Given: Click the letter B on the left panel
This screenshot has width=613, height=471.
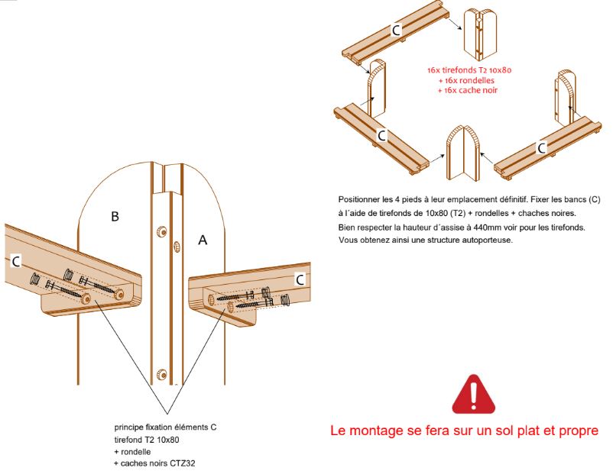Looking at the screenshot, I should coord(115,217).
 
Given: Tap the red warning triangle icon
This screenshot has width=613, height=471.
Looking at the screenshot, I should coord(473,394).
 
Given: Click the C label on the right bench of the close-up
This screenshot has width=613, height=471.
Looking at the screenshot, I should coord(300,279).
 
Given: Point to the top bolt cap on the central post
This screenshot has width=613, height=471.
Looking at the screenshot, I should coord(161,231).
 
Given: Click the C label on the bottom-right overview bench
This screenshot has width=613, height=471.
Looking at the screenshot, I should coord(540,148).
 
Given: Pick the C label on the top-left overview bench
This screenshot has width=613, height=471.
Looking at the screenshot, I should coord(396,30).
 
